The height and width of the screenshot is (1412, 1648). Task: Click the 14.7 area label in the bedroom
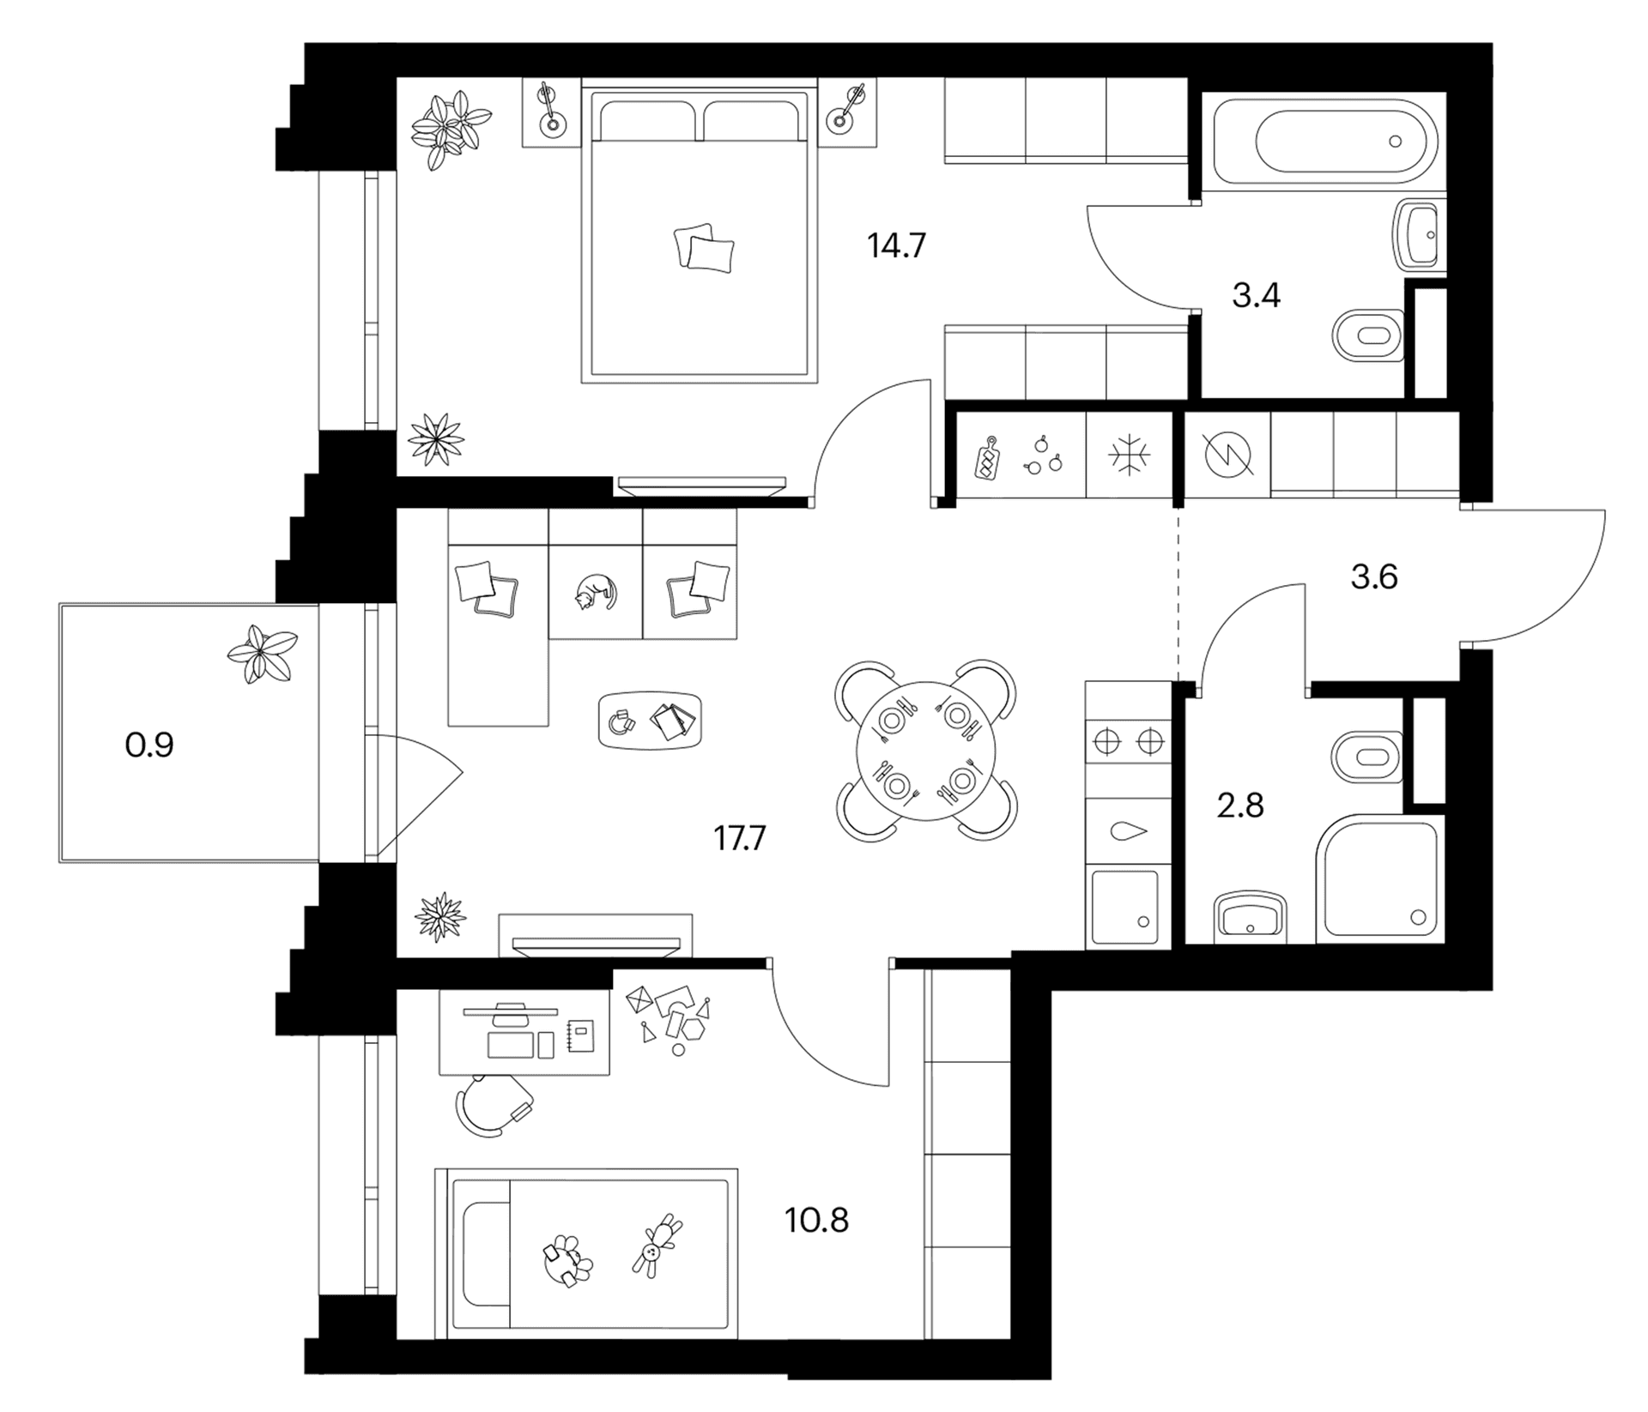pos(896,246)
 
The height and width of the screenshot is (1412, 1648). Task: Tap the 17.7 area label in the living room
pos(739,838)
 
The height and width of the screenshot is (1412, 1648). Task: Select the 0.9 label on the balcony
pos(149,745)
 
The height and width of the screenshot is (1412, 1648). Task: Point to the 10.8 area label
pos(816,1219)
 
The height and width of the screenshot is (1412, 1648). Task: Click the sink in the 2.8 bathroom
pos(1251,916)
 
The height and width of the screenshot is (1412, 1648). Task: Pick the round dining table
pos(927,751)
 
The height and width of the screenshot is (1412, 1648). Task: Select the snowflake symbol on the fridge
pos(1130,455)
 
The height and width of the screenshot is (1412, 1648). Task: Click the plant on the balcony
pos(262,654)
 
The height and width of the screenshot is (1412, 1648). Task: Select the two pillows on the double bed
pos(704,248)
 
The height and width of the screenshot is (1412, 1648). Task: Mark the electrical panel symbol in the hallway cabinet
pos(1229,455)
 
